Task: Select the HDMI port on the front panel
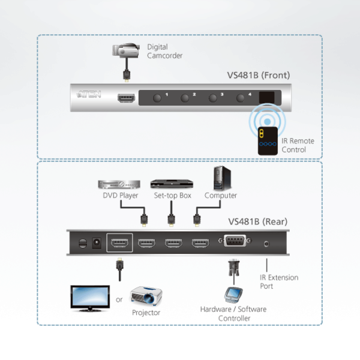(127, 97)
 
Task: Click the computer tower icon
(220, 178)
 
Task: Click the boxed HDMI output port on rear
(119, 243)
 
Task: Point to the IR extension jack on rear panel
(266, 243)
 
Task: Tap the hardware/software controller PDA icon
(233, 295)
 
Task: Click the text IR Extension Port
(278, 282)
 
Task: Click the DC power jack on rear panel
(94, 243)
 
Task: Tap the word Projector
(146, 313)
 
